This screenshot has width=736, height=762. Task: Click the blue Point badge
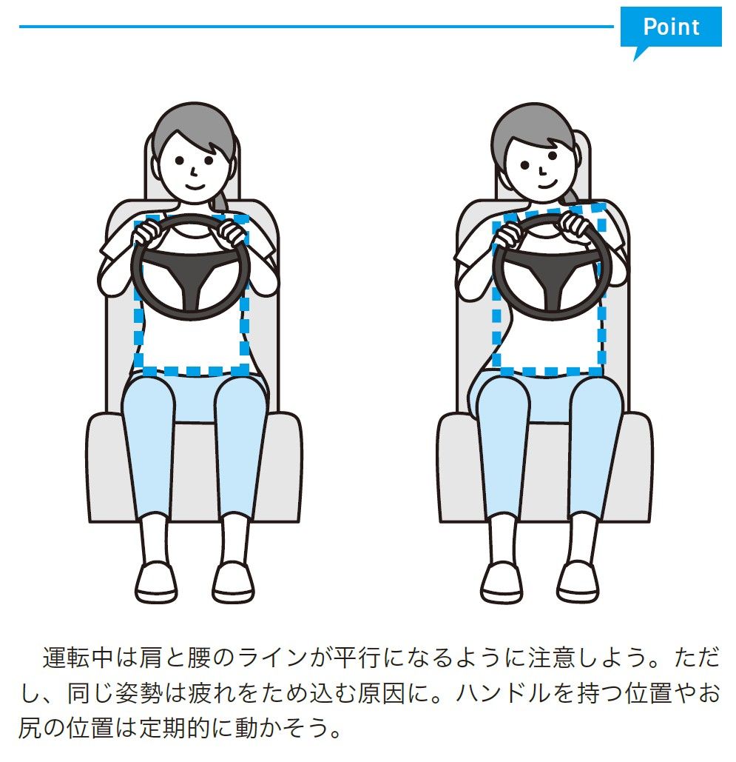[670, 27]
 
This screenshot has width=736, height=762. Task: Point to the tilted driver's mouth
[544, 179]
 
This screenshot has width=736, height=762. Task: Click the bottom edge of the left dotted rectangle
[192, 370]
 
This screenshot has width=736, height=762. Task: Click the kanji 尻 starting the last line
[31, 730]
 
